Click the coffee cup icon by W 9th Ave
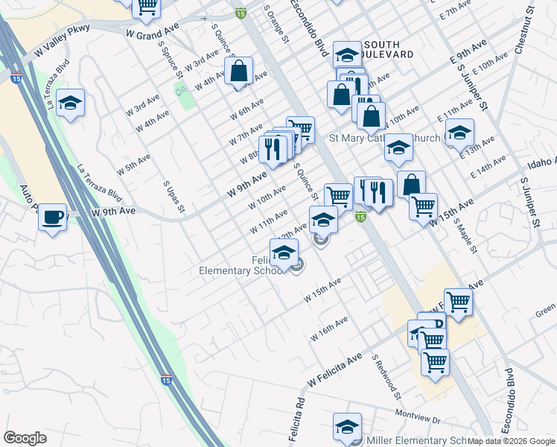click(51, 218)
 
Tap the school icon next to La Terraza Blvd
click(70, 103)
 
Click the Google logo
click(25, 438)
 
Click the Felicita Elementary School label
click(238, 265)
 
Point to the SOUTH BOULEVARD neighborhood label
click(387, 49)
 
